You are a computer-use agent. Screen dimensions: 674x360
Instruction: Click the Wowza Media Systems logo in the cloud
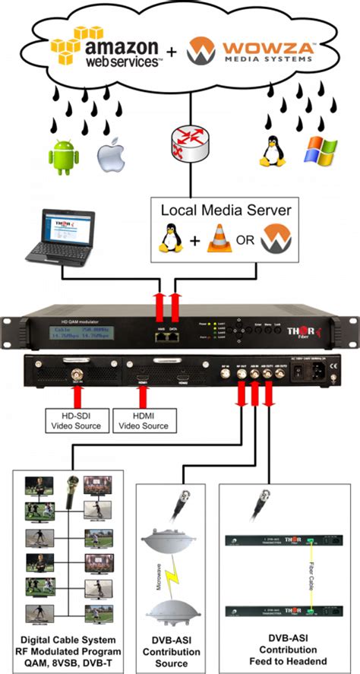click(x=251, y=52)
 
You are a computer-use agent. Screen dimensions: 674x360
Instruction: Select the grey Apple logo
click(x=109, y=151)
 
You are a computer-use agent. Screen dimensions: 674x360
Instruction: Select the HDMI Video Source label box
click(x=141, y=420)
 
